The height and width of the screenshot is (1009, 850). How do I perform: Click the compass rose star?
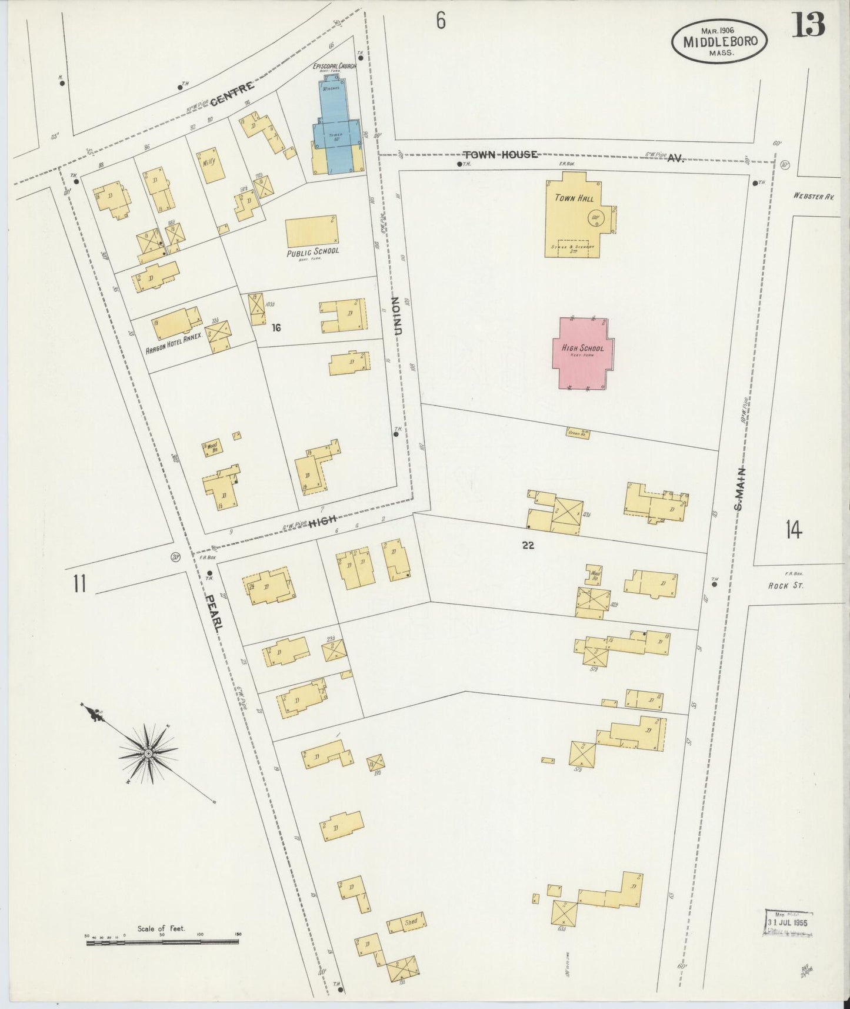(148, 754)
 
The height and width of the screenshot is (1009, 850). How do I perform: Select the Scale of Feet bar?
(162, 942)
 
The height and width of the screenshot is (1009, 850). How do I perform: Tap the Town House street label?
(500, 154)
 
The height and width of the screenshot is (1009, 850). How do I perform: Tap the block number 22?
(528, 545)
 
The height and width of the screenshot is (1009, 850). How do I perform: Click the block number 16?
(276, 327)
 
